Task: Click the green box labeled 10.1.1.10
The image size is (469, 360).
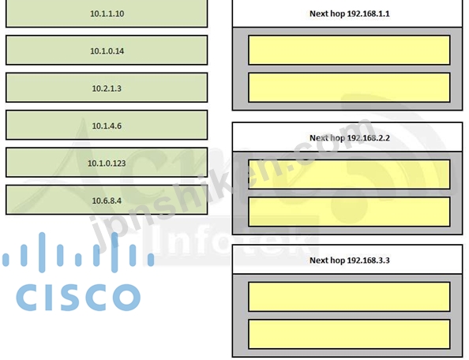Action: (x=107, y=13)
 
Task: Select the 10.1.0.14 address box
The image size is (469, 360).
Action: (x=107, y=51)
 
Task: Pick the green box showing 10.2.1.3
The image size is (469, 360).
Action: (x=107, y=88)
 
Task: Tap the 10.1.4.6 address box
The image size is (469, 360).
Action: (x=107, y=125)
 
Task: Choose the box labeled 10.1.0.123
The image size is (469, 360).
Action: (x=107, y=163)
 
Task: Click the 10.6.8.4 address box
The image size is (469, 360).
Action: (x=107, y=200)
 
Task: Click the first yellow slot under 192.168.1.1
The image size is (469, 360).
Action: (x=349, y=50)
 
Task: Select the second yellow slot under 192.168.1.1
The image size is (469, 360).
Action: (x=349, y=88)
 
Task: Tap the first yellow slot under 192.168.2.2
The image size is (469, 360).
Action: (x=349, y=174)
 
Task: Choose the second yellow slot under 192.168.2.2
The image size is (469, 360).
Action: (x=349, y=212)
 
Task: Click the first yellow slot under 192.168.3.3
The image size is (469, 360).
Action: (x=349, y=297)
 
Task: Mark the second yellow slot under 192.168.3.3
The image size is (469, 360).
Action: (x=349, y=334)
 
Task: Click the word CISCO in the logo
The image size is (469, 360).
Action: (x=78, y=298)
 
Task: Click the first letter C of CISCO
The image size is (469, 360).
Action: (x=28, y=298)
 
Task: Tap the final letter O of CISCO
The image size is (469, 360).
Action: (x=126, y=298)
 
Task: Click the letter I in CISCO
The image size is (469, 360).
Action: (x=47, y=298)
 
